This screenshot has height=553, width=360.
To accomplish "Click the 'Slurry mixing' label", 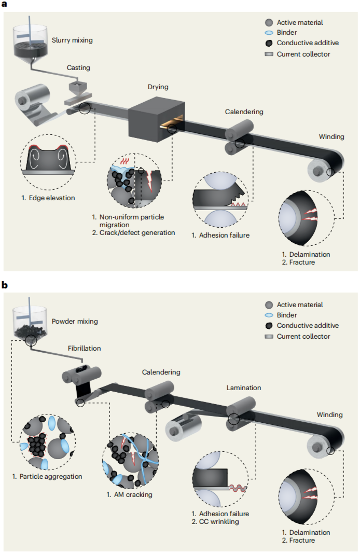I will coord(73,39).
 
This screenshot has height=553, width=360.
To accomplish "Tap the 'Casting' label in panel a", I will coord(78,67).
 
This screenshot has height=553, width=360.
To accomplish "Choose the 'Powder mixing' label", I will coord(75,321).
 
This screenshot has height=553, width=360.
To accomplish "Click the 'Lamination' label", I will coord(244,388).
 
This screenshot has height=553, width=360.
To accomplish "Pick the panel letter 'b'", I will coord(5,285).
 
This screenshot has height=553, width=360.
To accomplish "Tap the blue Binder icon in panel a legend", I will coord(269,33).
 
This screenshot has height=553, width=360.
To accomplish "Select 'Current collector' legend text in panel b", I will coord(303,336).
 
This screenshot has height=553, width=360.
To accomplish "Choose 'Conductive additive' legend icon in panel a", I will coord(269,43).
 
